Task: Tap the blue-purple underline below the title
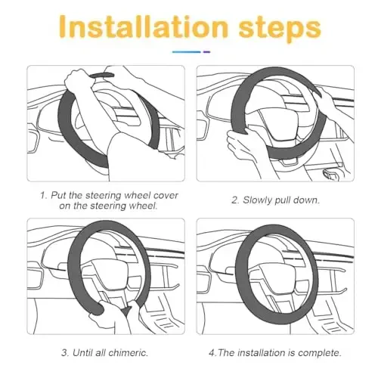189,52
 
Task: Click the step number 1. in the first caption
43,194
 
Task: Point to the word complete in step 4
311,352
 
